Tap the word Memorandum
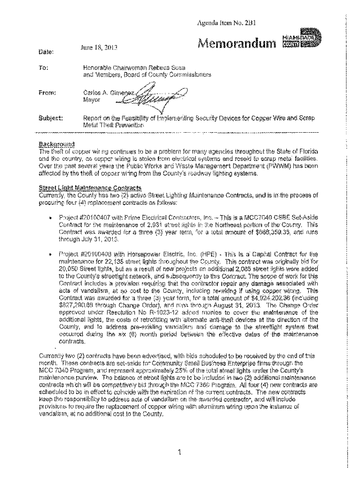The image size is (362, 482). pyautogui.click(x=236, y=44)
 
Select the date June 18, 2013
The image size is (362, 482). pyautogui.click(x=96, y=47)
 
